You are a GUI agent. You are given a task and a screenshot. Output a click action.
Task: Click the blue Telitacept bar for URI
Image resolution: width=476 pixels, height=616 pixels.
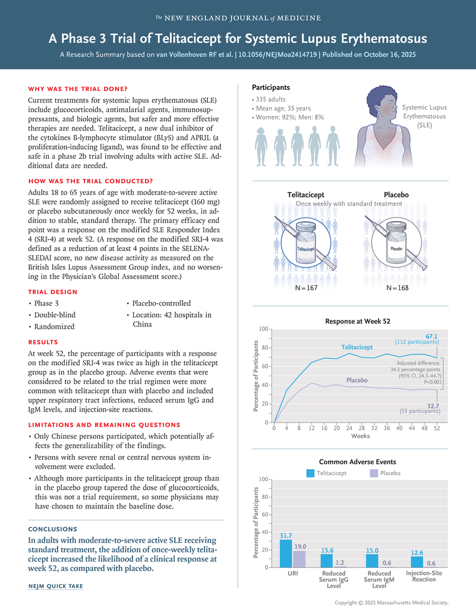[286, 554]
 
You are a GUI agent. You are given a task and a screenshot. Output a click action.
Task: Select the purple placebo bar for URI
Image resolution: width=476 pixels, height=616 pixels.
[299, 559]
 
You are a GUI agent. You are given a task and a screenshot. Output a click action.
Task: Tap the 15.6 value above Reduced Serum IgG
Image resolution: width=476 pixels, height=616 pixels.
[327, 551]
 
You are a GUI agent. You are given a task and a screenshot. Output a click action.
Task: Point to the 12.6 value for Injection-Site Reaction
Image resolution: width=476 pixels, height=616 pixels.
[417, 553]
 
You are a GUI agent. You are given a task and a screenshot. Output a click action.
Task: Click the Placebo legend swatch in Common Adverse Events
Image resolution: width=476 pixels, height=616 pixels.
[373, 473]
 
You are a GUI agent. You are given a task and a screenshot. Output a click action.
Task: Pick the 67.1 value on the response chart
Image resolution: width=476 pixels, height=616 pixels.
[431, 336]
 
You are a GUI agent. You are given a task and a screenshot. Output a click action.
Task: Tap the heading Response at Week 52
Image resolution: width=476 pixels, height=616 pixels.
[357, 321]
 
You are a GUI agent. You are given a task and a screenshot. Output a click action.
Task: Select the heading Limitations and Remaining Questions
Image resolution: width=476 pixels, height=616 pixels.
[104, 425]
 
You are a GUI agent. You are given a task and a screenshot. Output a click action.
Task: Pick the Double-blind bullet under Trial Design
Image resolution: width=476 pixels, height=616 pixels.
[55, 315]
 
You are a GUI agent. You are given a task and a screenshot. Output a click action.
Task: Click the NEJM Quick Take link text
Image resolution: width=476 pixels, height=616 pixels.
[55, 586]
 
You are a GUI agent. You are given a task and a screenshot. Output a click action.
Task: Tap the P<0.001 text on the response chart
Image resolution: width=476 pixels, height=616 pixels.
[428, 383]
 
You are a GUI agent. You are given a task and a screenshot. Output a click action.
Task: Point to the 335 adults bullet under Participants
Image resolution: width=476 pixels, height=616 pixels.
[270, 99]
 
